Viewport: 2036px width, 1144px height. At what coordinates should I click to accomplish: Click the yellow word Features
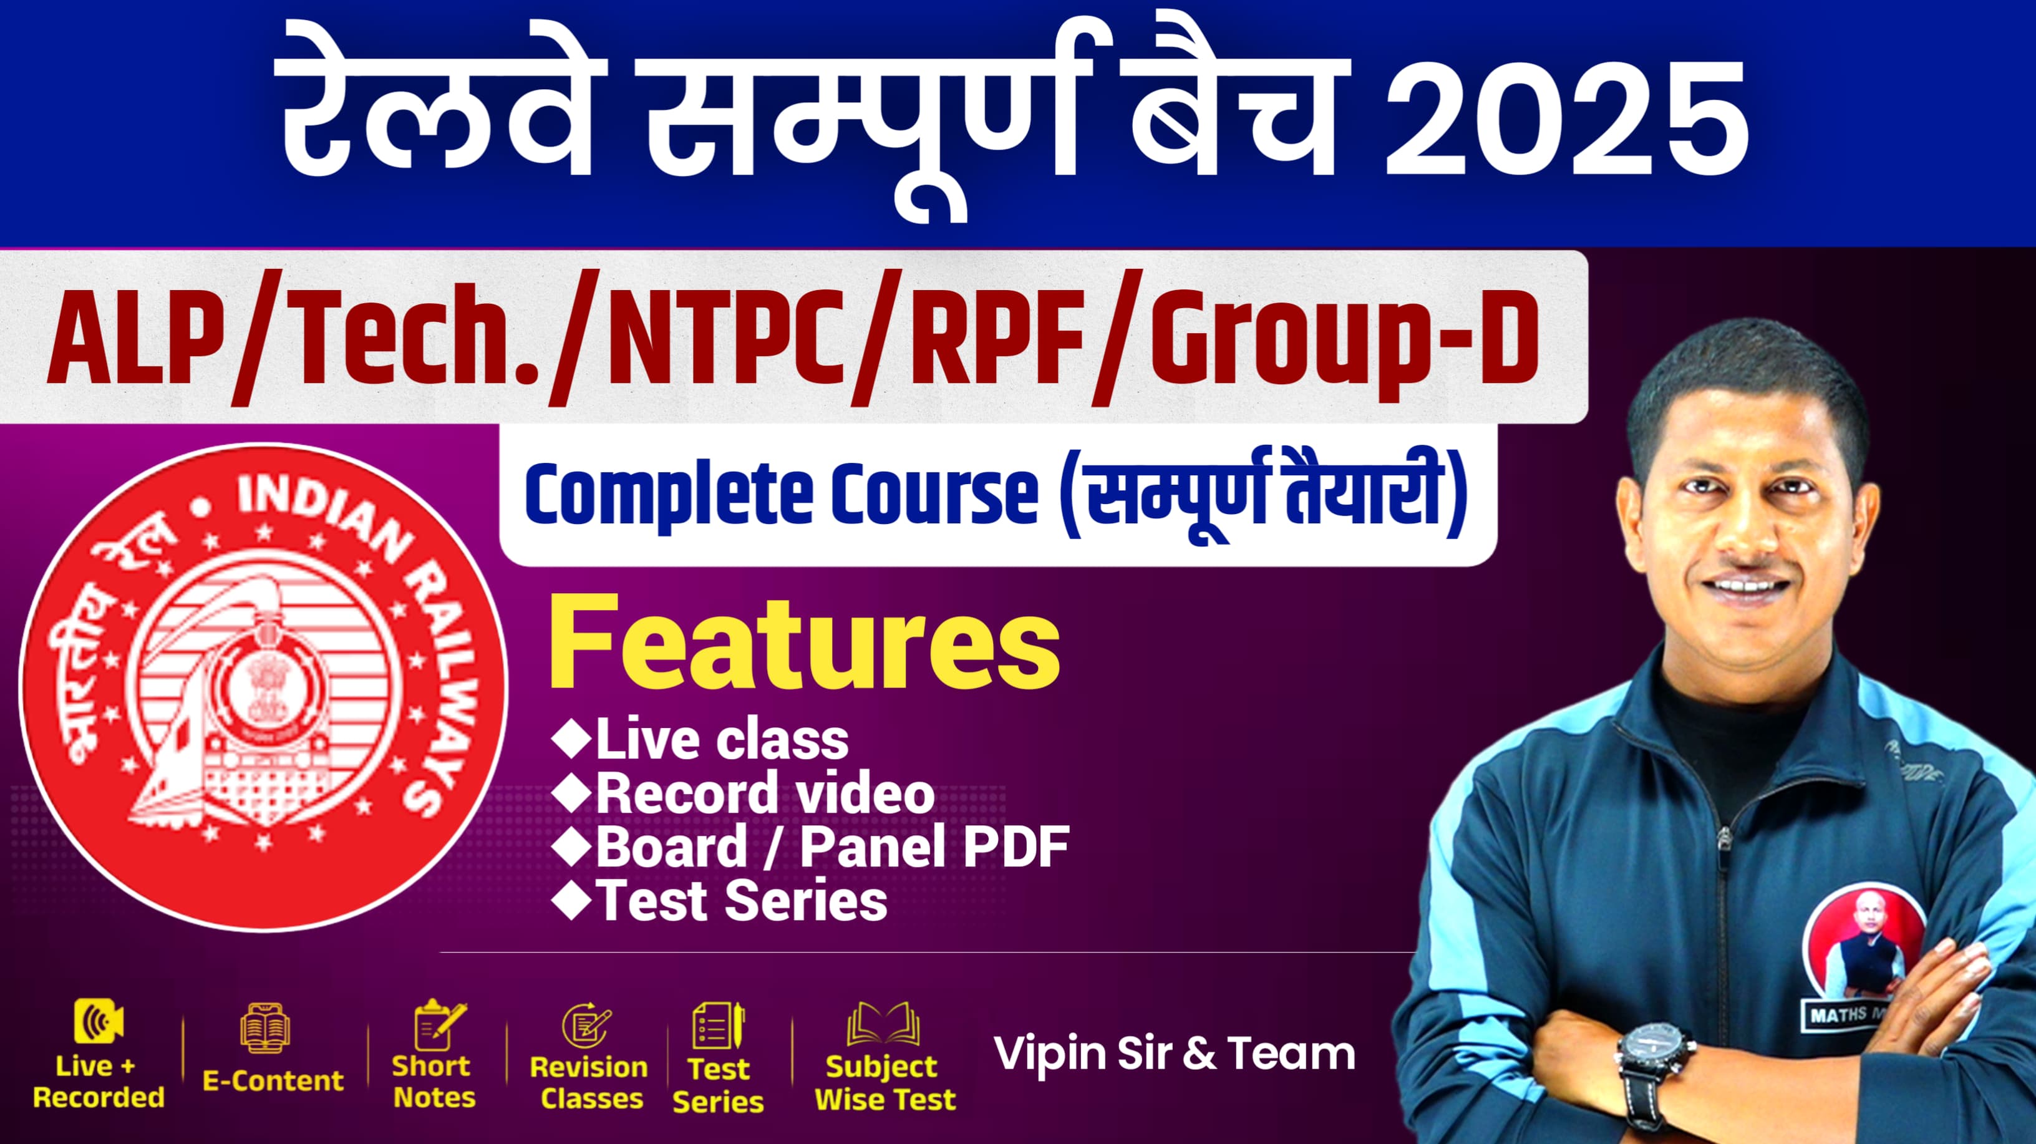pos(805,645)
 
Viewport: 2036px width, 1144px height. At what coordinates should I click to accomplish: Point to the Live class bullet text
pos(722,740)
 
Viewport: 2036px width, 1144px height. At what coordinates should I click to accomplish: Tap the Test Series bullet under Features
pos(742,901)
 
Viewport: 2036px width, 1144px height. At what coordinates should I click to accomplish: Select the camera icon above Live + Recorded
pos(98,1022)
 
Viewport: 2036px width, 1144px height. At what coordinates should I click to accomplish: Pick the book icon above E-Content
pos(264,1028)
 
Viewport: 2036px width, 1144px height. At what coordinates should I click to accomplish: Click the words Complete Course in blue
pos(781,497)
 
